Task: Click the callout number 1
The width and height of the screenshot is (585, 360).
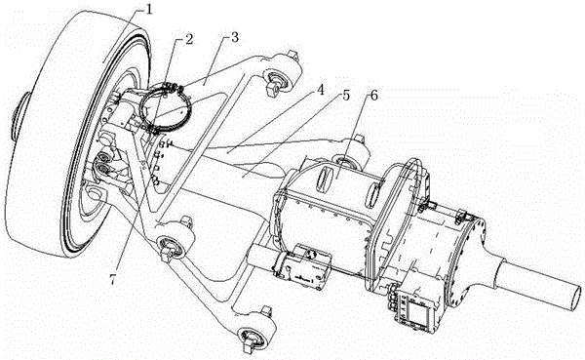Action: click(x=148, y=10)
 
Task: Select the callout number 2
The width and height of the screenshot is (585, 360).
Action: click(x=189, y=39)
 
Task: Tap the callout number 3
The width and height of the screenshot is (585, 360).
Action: click(x=235, y=38)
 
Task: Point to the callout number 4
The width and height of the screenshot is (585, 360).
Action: click(x=320, y=91)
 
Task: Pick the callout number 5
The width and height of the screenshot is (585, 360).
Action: click(x=346, y=96)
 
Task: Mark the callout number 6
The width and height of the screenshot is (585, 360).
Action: click(x=373, y=96)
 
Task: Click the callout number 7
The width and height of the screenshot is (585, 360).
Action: click(x=113, y=280)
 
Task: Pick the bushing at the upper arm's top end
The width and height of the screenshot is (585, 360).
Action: click(x=277, y=79)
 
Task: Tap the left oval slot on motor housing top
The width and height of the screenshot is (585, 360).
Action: click(x=326, y=176)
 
